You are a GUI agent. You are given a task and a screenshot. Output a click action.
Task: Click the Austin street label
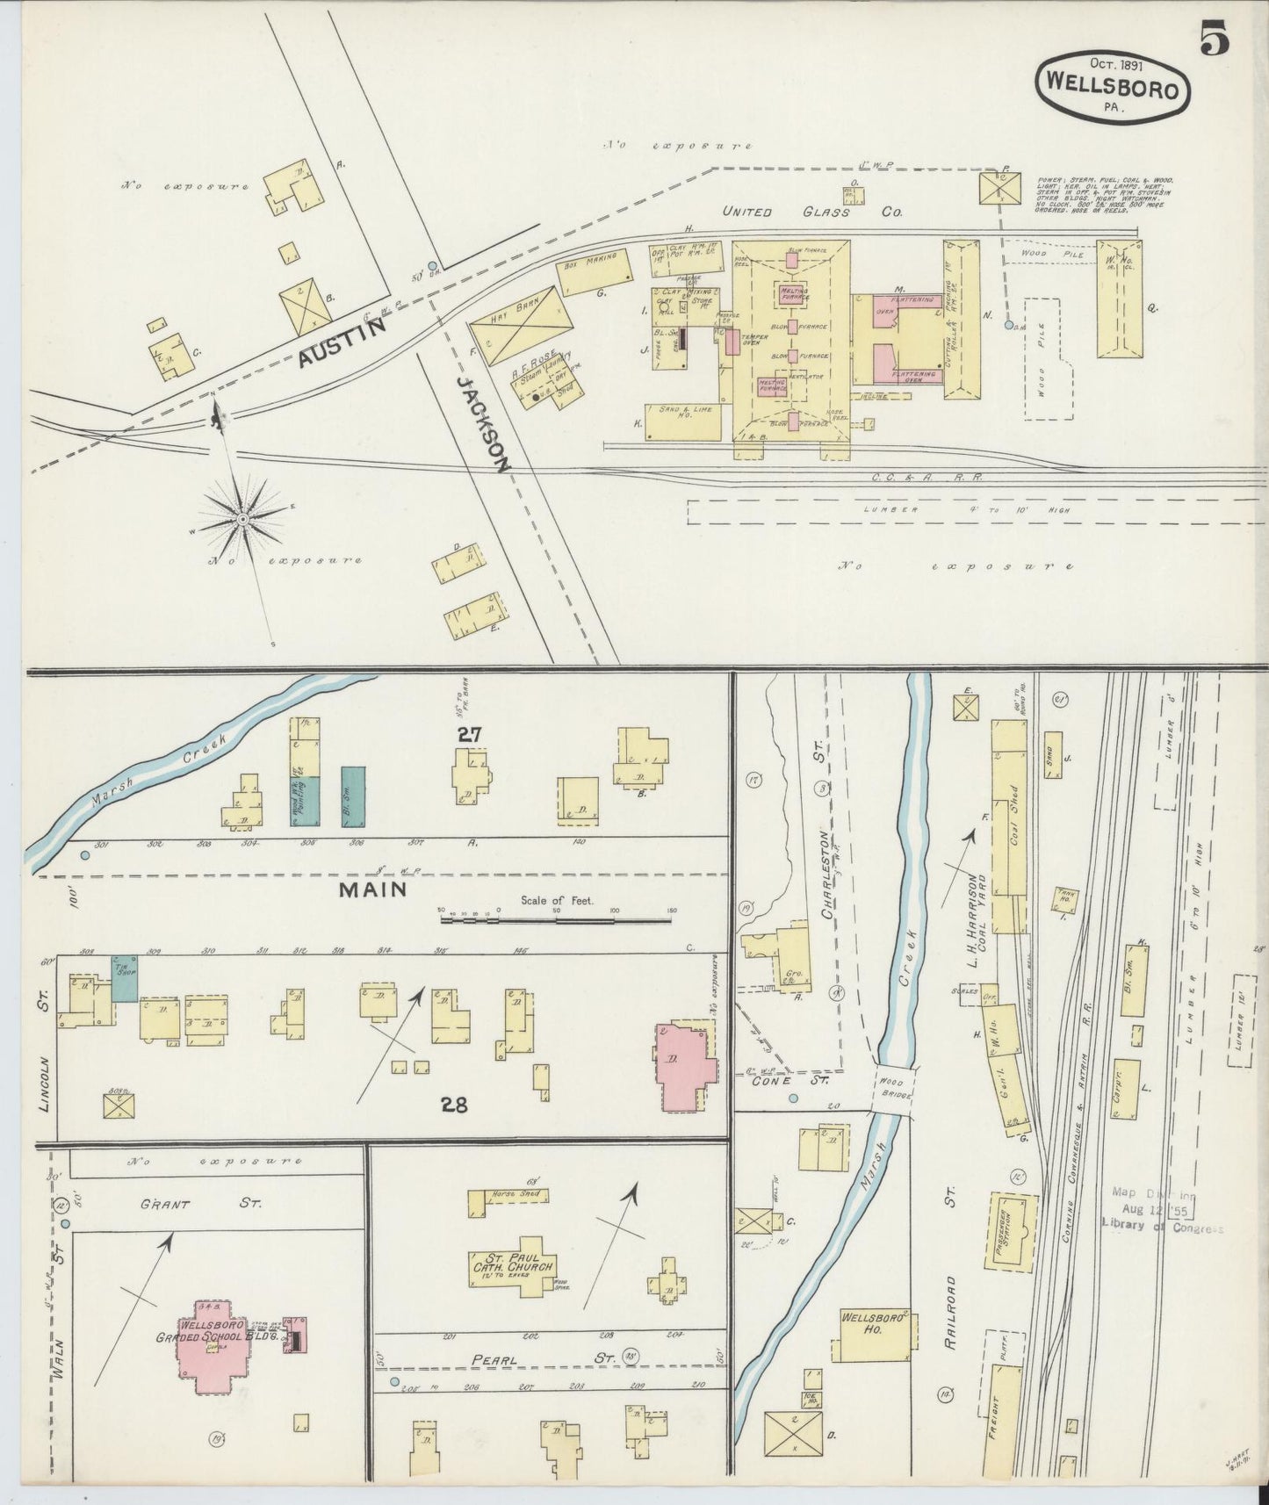(x=344, y=342)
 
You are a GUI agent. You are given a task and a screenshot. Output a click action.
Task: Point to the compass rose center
(x=242, y=520)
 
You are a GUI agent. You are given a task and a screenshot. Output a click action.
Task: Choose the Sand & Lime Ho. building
(x=682, y=421)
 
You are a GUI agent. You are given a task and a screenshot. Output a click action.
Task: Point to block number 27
(x=468, y=734)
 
